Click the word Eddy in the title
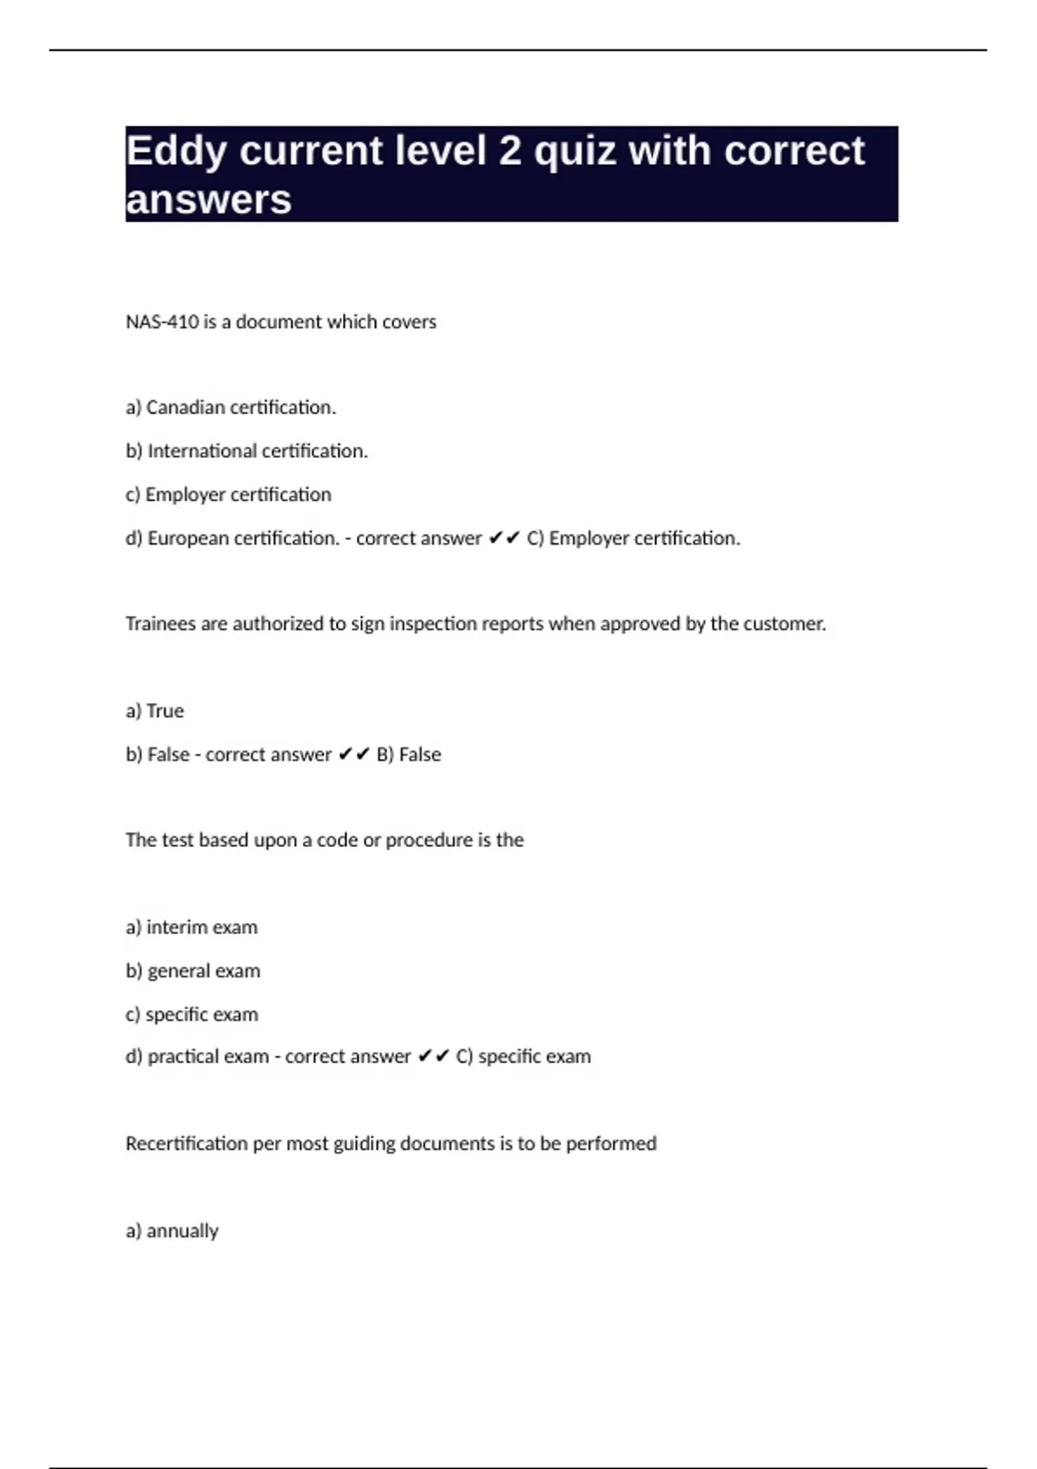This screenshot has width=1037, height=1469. pos(176,152)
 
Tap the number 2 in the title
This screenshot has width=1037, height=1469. pos(510,152)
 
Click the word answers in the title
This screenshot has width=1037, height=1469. pos(208,200)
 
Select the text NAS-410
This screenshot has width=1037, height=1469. pos(162,321)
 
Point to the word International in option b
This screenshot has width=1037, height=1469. pos(202,451)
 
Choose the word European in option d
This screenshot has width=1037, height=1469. pos(188,538)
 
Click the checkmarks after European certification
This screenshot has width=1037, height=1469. pos(504,538)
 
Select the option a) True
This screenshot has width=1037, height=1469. pos(155,711)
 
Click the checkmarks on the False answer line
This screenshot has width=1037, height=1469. pos(353,754)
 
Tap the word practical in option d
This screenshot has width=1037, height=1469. pos(182,1057)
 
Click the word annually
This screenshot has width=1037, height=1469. pos(182,1231)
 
